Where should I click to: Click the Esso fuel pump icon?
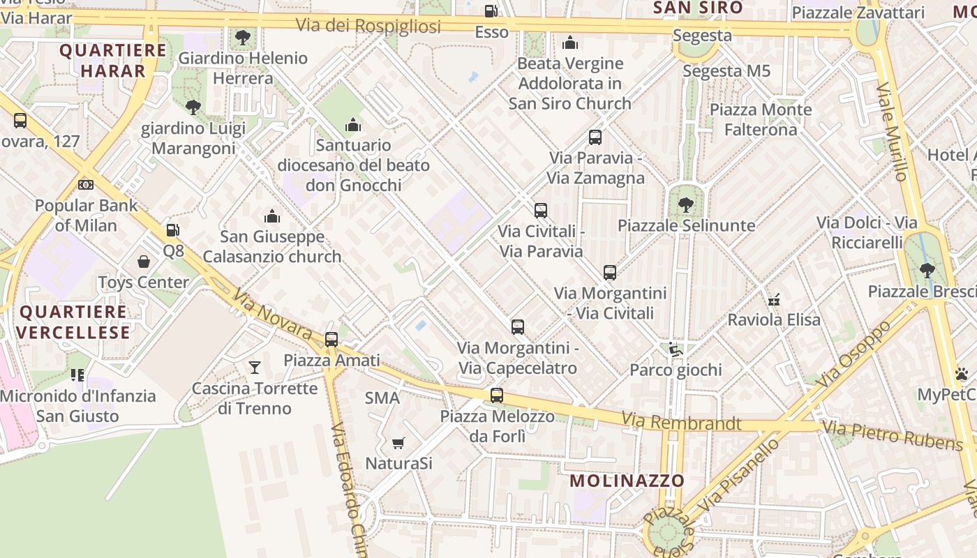491,11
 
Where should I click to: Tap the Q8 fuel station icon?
172,229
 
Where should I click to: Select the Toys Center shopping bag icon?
144,262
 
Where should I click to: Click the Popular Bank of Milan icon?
86,185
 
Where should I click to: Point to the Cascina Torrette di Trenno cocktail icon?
255,367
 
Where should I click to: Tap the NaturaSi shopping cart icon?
398,443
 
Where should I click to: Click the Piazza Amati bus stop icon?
331,340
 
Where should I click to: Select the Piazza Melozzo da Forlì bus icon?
497,395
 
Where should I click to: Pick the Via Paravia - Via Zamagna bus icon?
595,137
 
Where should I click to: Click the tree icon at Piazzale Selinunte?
686,204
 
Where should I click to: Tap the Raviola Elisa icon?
774,300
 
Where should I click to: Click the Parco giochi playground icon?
675,349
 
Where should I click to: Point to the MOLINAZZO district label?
627,481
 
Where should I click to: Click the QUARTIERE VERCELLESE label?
74,322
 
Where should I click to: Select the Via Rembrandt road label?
681,422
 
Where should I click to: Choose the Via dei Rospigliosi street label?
368,26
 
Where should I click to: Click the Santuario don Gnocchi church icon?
353,126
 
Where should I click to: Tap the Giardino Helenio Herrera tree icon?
243,37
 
